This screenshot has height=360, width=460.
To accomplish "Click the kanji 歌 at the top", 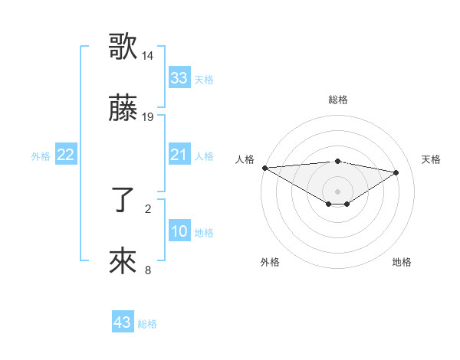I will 123,46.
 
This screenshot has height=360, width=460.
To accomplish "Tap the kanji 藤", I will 123,110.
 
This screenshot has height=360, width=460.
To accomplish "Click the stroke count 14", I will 148,56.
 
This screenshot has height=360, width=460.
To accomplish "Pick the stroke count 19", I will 148,117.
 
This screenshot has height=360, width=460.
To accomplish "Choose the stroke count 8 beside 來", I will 148,270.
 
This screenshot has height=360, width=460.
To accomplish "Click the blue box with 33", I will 179,78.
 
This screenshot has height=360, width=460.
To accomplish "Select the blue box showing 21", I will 179,155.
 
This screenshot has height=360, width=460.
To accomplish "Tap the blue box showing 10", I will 179,231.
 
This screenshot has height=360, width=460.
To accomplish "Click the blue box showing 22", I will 65,155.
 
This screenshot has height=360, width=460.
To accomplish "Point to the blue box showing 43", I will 123,322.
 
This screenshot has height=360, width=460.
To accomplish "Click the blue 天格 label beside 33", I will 204,79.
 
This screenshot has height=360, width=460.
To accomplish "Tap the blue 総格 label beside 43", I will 147,323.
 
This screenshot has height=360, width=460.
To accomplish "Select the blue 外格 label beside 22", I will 41,155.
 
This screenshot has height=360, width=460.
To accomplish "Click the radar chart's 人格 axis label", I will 245,159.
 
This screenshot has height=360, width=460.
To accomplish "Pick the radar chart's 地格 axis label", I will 402,262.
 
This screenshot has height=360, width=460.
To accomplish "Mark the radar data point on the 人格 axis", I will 264,168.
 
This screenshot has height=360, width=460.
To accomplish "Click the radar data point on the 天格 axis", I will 396,173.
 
